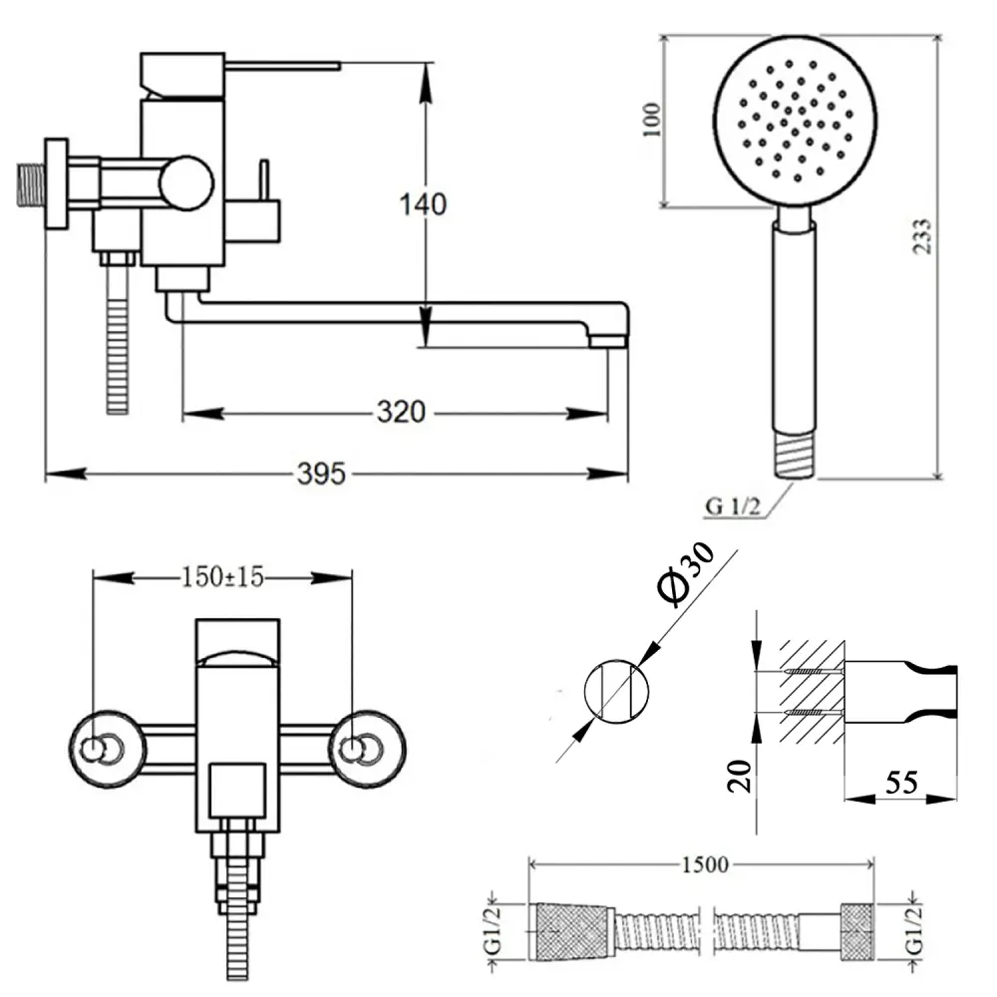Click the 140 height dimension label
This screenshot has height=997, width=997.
[423, 204]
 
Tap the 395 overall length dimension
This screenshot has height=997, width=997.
[321, 474]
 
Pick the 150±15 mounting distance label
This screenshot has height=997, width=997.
[221, 576]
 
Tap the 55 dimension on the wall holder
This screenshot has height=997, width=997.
[902, 784]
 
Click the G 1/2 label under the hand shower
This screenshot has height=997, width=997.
[733, 505]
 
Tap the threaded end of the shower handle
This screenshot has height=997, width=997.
[795, 454]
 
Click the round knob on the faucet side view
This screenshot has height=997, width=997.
[187, 183]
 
